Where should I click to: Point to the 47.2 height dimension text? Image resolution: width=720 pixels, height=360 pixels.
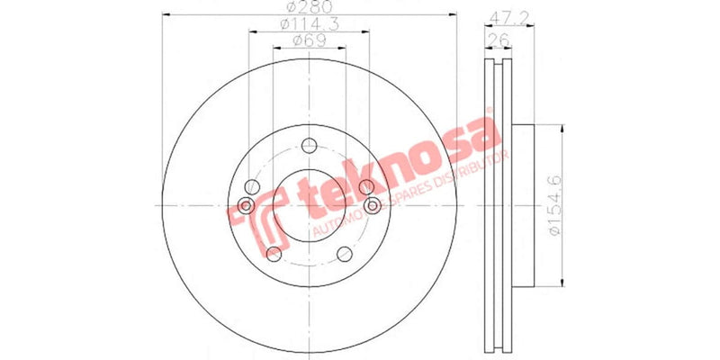(x=509, y=17)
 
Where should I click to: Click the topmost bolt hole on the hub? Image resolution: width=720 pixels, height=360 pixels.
(x=309, y=145)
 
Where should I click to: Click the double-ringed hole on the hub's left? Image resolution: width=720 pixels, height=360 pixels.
(x=246, y=205)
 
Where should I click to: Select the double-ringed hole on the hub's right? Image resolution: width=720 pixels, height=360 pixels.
(x=371, y=206)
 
